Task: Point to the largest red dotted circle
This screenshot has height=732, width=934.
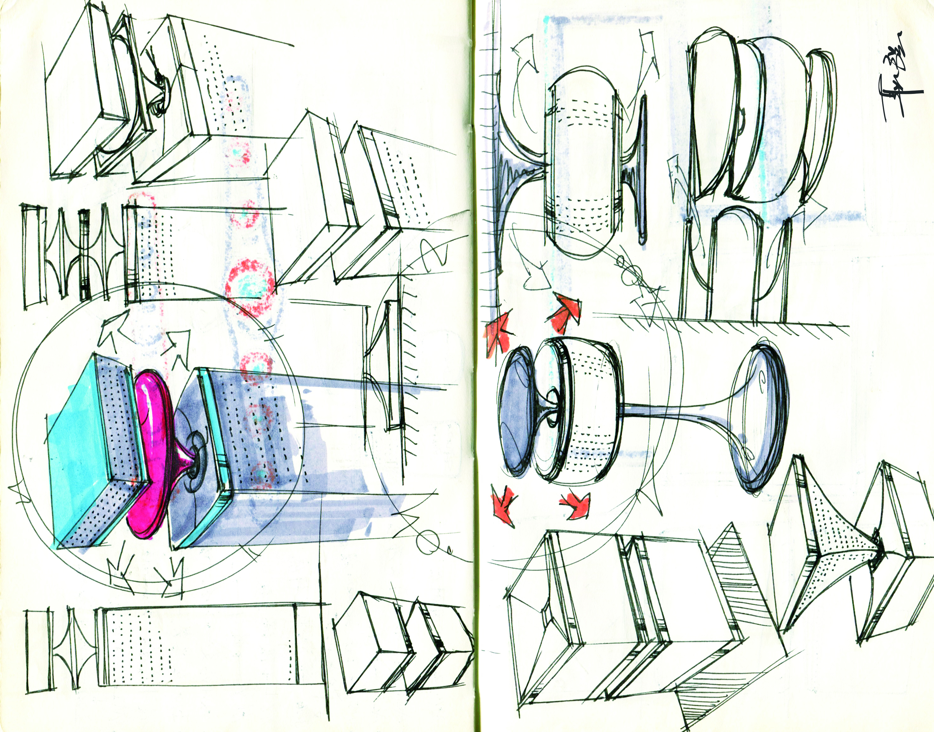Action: coord(249,283)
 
